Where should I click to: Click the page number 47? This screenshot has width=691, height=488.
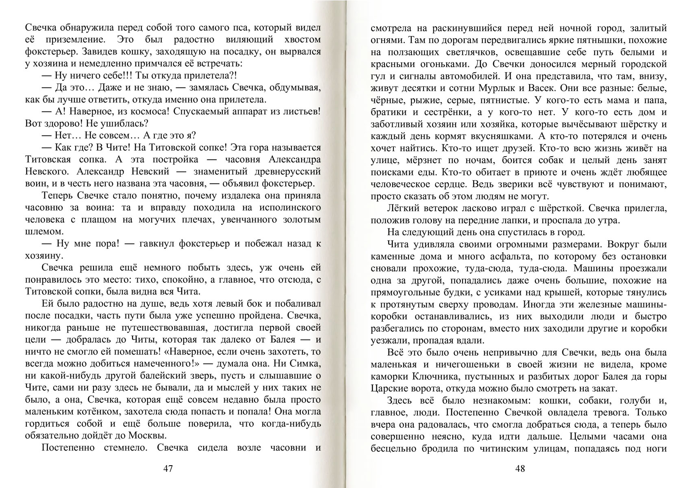(x=168, y=468)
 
